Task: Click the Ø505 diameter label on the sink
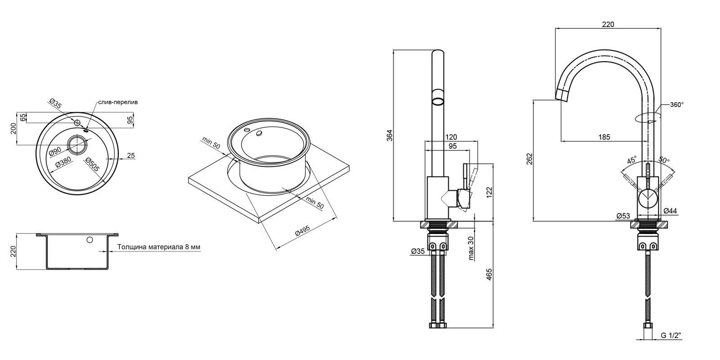(x=93, y=165)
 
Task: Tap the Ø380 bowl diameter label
(x=63, y=162)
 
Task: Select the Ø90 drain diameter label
(x=55, y=151)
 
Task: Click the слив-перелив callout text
(x=118, y=102)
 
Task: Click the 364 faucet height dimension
(x=389, y=135)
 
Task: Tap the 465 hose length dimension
(x=489, y=274)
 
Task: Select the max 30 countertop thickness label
(x=471, y=248)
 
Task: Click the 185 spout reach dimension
(x=604, y=137)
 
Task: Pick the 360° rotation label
(x=677, y=105)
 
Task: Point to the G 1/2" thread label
(x=671, y=336)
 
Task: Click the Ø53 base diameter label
(x=623, y=216)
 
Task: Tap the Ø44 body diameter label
(x=670, y=211)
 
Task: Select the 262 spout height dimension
(x=530, y=159)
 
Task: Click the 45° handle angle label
(x=632, y=160)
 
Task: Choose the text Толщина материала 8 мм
(x=159, y=247)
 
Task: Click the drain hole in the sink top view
(x=77, y=145)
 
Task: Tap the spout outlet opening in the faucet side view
(x=437, y=102)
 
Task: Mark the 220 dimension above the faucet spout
(x=608, y=24)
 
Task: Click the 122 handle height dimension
(x=489, y=192)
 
